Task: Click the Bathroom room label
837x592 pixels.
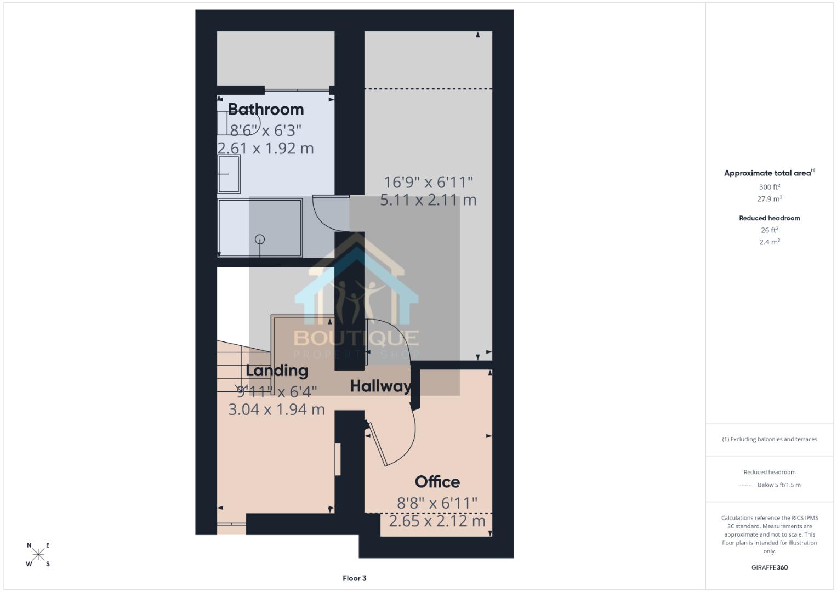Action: click(x=266, y=109)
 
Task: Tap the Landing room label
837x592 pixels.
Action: click(x=277, y=371)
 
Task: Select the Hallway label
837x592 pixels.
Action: click(x=381, y=386)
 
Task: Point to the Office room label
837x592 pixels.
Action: click(x=437, y=482)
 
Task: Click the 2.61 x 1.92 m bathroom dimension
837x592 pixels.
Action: click(x=265, y=149)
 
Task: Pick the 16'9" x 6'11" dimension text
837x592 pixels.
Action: click(x=429, y=183)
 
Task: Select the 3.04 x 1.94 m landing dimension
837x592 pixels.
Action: click(x=276, y=409)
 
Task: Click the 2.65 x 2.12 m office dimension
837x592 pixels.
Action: click(x=437, y=521)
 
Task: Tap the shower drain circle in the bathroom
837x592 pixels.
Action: click(x=260, y=239)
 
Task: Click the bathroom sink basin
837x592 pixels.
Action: click(x=229, y=174)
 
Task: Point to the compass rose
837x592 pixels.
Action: click(x=38, y=554)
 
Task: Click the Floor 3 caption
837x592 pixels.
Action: click(x=354, y=578)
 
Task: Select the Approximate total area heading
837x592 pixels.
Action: click(x=770, y=173)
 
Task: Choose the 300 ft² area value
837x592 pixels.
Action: click(x=770, y=186)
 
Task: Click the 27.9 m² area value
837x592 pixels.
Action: click(x=770, y=198)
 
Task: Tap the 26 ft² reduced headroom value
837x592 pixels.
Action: click(x=770, y=230)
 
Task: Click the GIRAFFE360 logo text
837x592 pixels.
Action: click(x=770, y=567)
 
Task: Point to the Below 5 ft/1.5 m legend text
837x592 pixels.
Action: click(x=779, y=485)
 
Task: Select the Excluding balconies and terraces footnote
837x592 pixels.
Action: click(x=770, y=439)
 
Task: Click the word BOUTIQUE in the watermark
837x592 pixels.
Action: click(x=356, y=338)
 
